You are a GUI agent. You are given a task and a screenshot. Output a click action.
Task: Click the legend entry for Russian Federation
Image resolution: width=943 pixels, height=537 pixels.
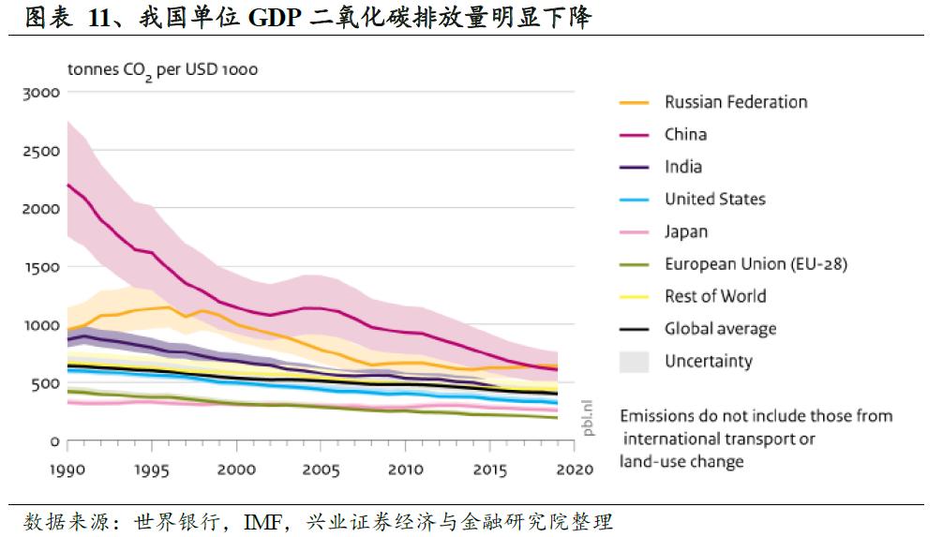(x=735, y=102)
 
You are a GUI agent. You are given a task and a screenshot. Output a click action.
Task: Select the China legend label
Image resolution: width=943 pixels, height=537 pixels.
(x=685, y=134)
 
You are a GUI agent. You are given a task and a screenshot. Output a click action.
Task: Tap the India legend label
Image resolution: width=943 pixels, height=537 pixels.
(x=682, y=167)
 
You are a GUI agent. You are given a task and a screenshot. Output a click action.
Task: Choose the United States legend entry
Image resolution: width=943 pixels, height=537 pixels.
(x=714, y=199)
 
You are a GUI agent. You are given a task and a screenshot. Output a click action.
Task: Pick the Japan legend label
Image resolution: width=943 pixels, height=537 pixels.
(x=686, y=231)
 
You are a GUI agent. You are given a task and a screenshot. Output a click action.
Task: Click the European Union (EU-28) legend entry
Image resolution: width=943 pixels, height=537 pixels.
(x=756, y=264)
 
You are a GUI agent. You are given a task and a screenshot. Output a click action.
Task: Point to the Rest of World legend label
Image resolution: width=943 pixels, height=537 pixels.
(x=715, y=296)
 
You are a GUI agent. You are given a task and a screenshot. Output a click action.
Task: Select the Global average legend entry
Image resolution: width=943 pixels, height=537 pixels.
(x=720, y=329)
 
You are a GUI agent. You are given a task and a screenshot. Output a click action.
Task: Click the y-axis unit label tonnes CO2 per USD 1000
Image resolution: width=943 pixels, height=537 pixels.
(x=162, y=70)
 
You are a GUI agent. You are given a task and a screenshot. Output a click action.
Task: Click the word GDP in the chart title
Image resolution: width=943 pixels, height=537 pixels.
(x=279, y=18)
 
